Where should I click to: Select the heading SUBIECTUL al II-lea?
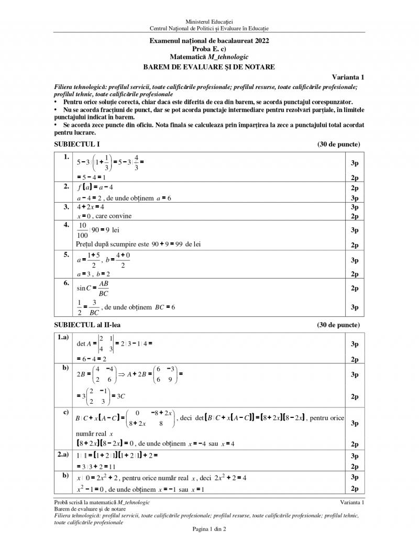87,325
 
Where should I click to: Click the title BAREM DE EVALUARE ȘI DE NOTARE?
209,67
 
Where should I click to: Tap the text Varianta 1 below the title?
348,77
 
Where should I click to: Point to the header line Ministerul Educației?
209,20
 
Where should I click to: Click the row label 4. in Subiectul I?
67,225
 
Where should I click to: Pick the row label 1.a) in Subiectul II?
64,337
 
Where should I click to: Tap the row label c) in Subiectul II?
66,412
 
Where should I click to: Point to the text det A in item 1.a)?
84,344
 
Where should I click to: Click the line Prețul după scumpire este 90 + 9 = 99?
138,244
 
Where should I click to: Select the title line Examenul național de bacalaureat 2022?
209,40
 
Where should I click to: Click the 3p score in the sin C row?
355,307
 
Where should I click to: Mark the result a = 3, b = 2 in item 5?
93,274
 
